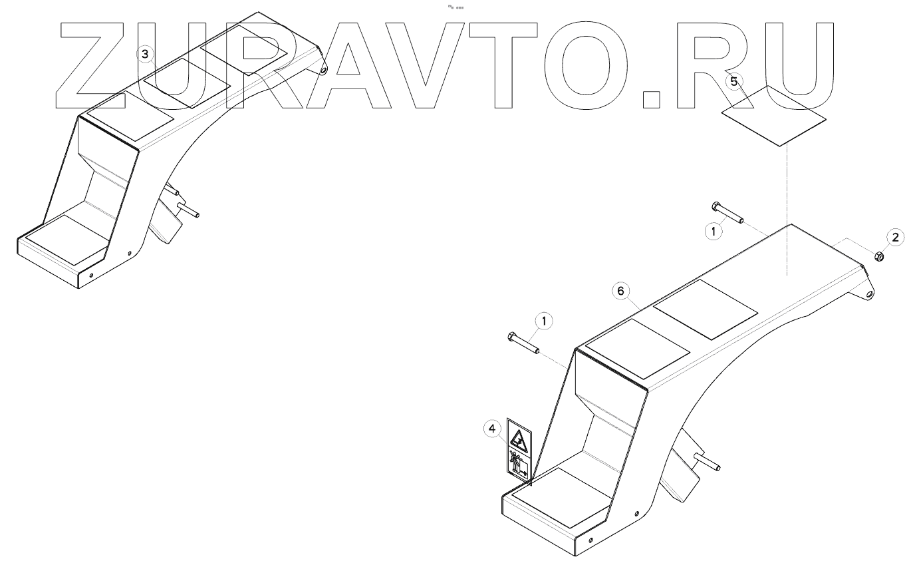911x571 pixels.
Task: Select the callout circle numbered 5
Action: point(733,81)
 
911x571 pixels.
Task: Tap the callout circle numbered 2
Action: point(895,237)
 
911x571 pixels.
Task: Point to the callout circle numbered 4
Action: point(492,429)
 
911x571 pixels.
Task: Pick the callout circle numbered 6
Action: point(620,291)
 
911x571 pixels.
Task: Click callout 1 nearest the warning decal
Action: point(545,322)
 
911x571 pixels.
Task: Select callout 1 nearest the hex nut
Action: point(713,231)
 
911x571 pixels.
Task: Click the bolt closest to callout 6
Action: point(523,343)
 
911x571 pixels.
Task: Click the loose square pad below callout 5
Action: point(774,115)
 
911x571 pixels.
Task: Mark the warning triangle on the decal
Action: point(519,438)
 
